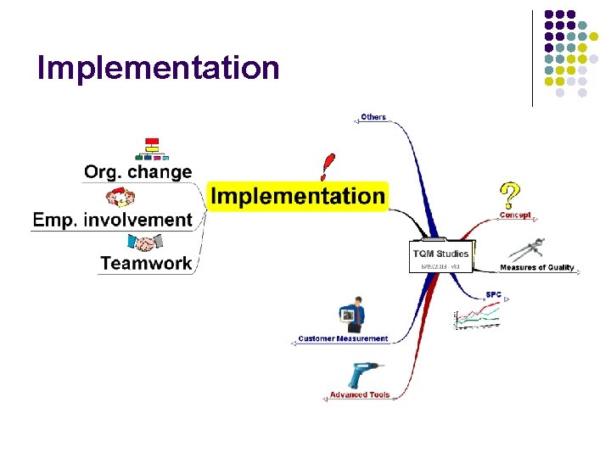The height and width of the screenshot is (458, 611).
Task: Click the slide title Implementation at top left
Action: [158, 67]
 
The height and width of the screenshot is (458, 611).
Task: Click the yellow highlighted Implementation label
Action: [298, 196]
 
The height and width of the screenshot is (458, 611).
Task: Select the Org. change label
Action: [137, 172]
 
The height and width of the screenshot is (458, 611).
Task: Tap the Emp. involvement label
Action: [112, 220]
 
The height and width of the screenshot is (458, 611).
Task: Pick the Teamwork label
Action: [146, 263]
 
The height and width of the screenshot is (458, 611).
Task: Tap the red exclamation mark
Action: [328, 166]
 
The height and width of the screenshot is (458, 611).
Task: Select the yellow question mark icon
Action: [509, 196]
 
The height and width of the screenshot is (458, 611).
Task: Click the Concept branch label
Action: [515, 215]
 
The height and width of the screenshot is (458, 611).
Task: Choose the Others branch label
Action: [373, 117]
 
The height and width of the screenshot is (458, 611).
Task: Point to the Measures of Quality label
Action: [537, 268]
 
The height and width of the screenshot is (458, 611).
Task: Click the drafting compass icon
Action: [531, 250]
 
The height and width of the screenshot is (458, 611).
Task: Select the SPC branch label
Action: [493, 295]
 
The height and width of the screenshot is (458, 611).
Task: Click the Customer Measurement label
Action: [343, 338]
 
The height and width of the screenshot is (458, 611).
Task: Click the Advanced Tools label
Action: [360, 395]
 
